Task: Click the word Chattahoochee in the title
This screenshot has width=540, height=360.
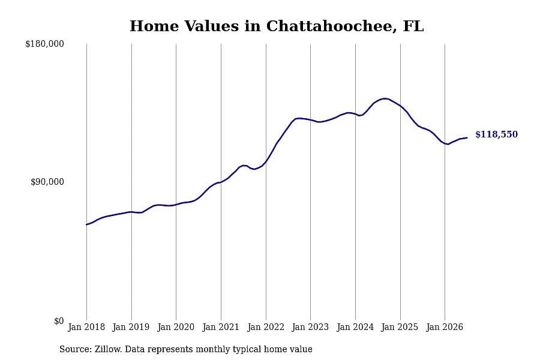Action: pos(329,26)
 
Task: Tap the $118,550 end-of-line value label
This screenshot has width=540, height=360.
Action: pos(496,134)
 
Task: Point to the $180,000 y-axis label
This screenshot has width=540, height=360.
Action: pos(44,44)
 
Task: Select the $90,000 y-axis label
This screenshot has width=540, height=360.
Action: pos(47,182)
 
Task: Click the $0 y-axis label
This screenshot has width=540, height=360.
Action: pos(59,321)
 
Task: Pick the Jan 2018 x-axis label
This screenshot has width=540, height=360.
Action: pos(86,327)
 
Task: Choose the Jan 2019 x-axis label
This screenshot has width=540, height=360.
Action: pos(131,327)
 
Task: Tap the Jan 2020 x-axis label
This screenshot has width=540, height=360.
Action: pos(176,327)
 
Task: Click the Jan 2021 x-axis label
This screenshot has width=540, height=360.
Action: pos(221,327)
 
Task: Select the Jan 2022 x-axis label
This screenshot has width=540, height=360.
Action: pos(266,327)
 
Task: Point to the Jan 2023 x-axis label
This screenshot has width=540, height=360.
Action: pos(310,327)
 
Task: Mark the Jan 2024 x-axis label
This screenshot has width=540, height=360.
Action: pos(355,327)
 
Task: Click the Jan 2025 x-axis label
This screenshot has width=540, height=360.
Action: pos(400,327)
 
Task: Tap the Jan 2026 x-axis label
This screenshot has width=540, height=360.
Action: pos(445,327)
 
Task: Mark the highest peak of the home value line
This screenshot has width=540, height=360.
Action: pos(385,98)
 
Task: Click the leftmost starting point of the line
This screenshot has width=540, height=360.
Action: pos(86,224)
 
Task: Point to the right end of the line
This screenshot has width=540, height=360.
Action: pos(467,138)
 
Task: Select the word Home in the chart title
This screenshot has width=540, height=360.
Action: pos(154,26)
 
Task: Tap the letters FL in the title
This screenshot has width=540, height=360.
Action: pos(413,26)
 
